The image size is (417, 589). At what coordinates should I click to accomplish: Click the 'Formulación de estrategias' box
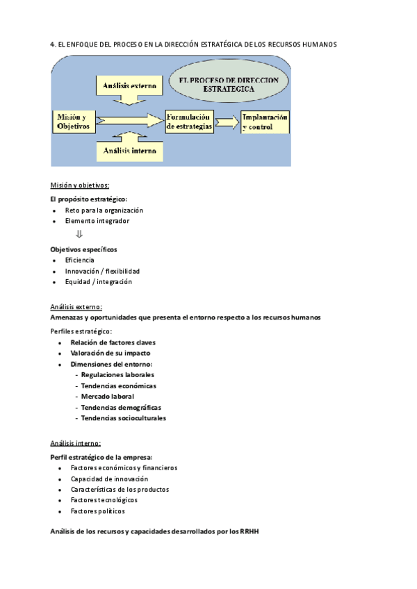188,122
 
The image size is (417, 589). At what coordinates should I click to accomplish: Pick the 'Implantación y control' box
264,122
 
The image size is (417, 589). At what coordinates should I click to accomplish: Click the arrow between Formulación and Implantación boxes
225,122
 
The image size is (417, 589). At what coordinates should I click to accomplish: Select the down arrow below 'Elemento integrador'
79,234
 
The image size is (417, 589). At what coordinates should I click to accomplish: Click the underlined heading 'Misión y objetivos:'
79,185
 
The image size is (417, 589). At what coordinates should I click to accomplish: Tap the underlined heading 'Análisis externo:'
76,307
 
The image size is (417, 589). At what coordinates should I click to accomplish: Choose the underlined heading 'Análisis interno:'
75,443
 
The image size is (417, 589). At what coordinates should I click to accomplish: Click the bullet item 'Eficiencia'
79,260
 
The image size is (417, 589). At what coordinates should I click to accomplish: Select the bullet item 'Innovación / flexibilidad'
102,271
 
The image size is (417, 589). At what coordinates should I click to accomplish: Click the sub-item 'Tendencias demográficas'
121,407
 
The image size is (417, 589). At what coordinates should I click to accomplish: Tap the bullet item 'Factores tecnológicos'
104,500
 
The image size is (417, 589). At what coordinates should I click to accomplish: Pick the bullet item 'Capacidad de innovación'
109,479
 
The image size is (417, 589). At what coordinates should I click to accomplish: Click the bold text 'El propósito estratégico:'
88,199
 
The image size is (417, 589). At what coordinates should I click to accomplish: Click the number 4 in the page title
52,44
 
